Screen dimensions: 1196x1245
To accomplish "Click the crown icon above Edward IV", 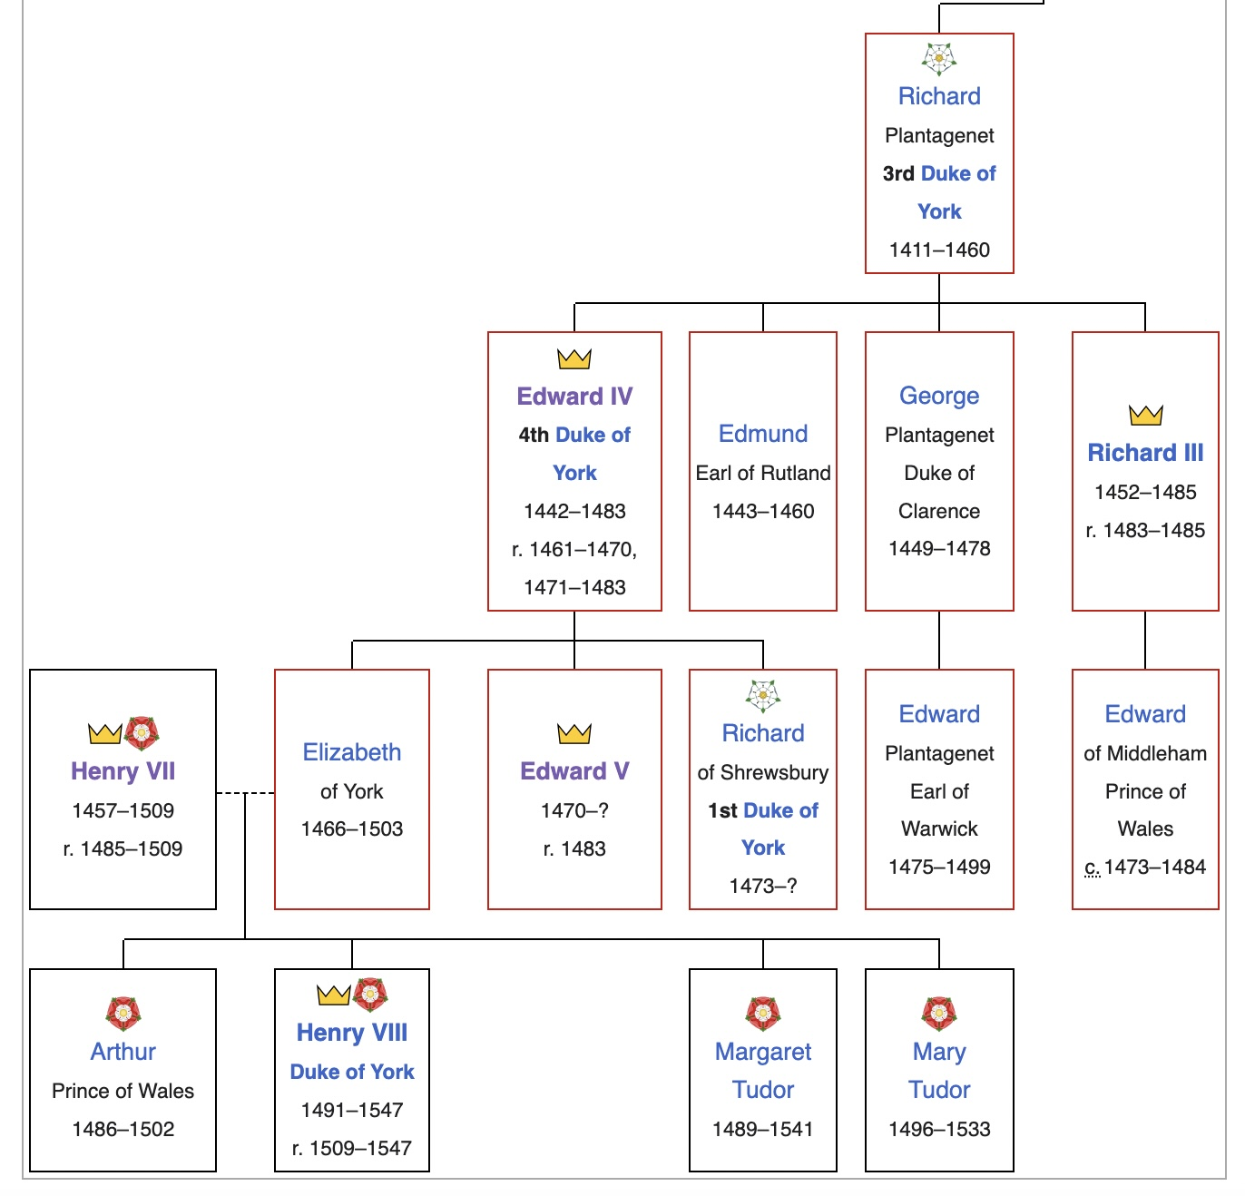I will tap(574, 359).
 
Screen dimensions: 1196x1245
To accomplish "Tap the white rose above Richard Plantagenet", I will tap(939, 58).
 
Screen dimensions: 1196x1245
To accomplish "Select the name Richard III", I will tap(1145, 453).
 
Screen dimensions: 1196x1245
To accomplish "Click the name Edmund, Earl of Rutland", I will tap(763, 434).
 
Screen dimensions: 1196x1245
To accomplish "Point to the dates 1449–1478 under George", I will tap(939, 548).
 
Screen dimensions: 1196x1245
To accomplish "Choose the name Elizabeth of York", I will tap(352, 752).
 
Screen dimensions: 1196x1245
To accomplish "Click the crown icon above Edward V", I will tap(574, 733).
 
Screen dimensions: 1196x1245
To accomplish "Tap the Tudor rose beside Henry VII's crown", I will tap(142, 733).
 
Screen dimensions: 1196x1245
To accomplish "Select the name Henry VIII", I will tap(352, 1033).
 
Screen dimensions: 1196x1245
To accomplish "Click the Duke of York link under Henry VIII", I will tap(352, 1072).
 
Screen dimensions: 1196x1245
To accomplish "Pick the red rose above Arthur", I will tap(123, 1013).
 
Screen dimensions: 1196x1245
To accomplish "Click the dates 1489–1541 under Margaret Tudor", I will tap(763, 1129).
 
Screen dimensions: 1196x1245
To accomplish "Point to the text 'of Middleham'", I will tap(1145, 753).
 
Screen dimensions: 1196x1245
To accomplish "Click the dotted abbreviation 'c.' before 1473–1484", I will tap(1092, 868).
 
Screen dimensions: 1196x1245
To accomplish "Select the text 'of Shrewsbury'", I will tap(763, 772).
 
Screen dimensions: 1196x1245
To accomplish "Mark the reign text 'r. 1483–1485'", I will tap(1145, 530).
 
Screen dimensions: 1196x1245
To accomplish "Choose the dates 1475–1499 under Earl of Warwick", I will tap(939, 867).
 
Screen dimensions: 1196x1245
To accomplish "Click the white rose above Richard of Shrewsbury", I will tap(763, 696).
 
